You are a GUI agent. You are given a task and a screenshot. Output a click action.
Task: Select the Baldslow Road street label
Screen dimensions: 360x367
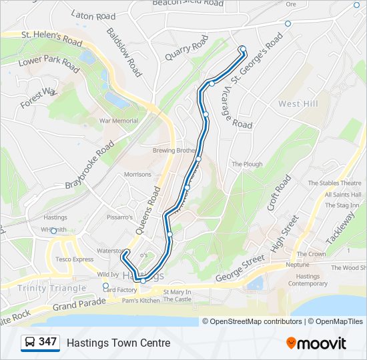pyautogui.click(x=123, y=51)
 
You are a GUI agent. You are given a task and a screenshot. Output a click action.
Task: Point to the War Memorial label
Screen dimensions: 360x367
pyautogui.click(x=119, y=121)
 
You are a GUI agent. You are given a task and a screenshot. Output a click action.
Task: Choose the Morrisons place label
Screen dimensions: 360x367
pyautogui.click(x=137, y=175)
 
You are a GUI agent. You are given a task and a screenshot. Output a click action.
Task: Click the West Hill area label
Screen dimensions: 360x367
pyautogui.click(x=298, y=104)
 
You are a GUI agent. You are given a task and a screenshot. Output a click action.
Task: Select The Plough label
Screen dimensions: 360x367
pyautogui.click(x=247, y=164)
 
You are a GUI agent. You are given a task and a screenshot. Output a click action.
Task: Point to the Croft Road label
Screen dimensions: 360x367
pyautogui.click(x=279, y=193)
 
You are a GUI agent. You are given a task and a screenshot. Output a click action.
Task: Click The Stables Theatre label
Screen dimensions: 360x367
pyautogui.click(x=334, y=183)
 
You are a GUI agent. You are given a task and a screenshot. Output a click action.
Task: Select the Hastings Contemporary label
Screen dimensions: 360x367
pyautogui.click(x=308, y=280)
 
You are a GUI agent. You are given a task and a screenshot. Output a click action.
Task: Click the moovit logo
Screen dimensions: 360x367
pyautogui.click(x=316, y=343)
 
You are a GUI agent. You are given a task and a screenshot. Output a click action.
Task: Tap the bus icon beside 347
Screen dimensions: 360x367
pyautogui.click(x=29, y=343)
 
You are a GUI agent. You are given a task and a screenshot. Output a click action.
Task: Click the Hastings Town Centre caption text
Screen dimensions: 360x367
pyautogui.click(x=118, y=343)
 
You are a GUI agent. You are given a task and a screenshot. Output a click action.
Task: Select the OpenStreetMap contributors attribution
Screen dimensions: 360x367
pyautogui.click(x=252, y=321)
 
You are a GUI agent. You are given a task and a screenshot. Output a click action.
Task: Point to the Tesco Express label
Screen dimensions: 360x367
pyautogui.click(x=74, y=259)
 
